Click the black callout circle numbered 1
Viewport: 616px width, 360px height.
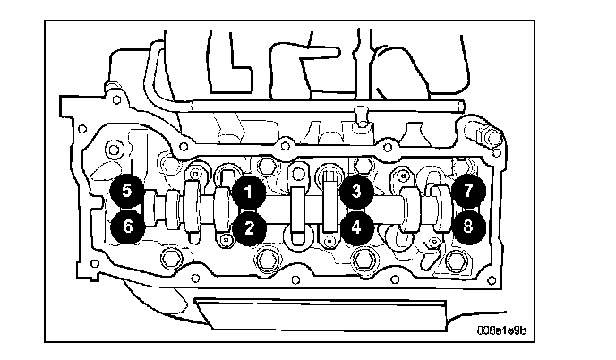(248, 193)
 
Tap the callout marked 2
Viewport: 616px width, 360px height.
(249, 228)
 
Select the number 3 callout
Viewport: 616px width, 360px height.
(356, 192)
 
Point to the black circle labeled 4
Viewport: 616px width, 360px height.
(356, 227)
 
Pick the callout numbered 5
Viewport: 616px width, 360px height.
(126, 191)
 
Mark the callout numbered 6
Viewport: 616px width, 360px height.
(127, 227)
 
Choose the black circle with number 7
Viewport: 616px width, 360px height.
(468, 191)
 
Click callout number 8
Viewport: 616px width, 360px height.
(468, 227)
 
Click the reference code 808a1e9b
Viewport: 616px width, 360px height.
(501, 330)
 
